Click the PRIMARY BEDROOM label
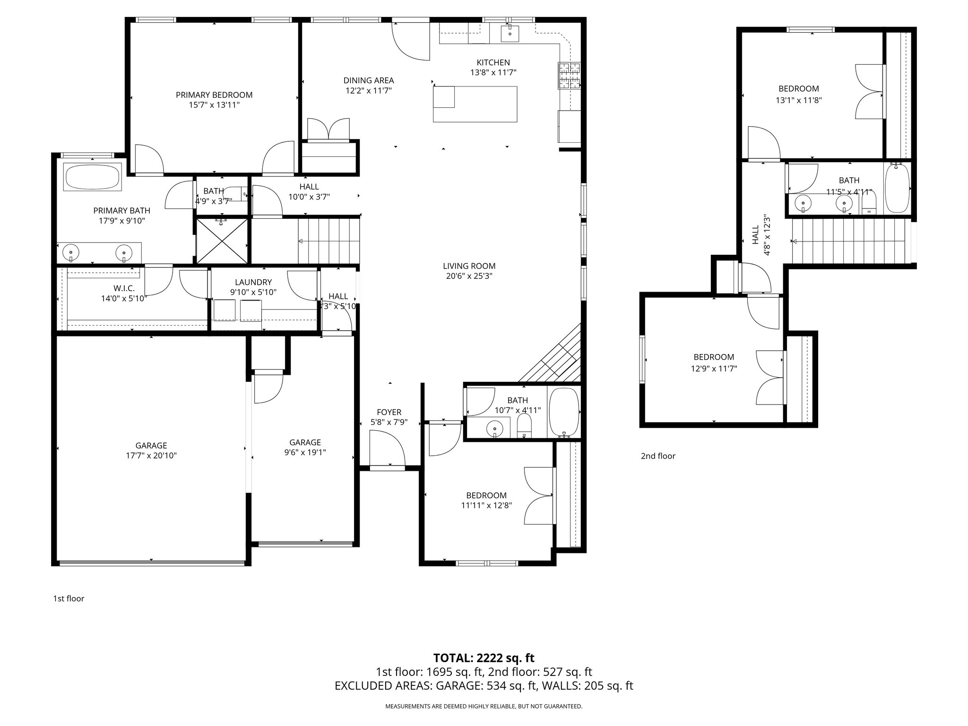coord(214,95)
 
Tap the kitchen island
coord(475,104)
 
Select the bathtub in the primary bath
coord(93,178)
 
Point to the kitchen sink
coord(510,33)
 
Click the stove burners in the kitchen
coord(569,76)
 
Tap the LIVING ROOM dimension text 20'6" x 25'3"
coord(469,277)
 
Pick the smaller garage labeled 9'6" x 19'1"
coord(305,447)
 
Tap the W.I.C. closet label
coord(124,288)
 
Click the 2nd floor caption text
coord(658,456)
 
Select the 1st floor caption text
coord(69,598)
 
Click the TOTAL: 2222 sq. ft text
coord(484,657)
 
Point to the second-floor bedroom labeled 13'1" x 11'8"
coord(798,94)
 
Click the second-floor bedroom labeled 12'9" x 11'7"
coord(714,362)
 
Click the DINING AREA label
coord(368,80)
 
